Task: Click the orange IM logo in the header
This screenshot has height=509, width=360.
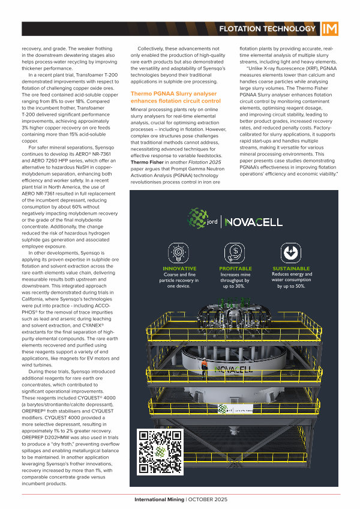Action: pyautogui.click(x=329, y=29)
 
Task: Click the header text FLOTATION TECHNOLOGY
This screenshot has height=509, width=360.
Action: pyautogui.click(x=267, y=29)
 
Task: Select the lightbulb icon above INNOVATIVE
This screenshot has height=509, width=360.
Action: pyautogui.click(x=179, y=252)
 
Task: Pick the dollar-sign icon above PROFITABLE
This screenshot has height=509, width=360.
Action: pyautogui.click(x=235, y=252)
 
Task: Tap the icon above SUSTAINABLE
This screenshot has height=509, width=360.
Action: pyautogui.click(x=291, y=252)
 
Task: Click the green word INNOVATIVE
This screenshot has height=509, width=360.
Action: pyautogui.click(x=179, y=268)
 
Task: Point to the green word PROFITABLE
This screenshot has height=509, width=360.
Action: pyautogui.click(x=235, y=268)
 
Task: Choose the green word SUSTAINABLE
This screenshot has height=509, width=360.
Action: pyautogui.click(x=291, y=268)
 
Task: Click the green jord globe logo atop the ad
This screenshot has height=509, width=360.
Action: pyautogui.click(x=199, y=221)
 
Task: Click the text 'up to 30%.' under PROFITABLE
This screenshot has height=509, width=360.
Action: pyautogui.click(x=235, y=287)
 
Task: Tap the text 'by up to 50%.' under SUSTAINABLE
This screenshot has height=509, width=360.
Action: pyautogui.click(x=291, y=287)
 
